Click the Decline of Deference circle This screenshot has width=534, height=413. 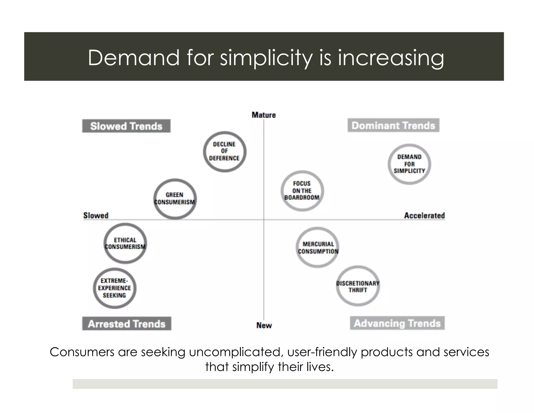(x=224, y=151)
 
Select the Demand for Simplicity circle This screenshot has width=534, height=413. (x=409, y=164)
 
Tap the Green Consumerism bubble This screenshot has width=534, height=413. (x=175, y=199)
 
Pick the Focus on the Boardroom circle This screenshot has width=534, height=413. (x=302, y=191)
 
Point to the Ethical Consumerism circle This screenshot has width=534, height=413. (x=125, y=243)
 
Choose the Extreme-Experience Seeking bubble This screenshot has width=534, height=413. (x=114, y=288)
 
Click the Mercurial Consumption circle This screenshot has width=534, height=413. (x=318, y=247)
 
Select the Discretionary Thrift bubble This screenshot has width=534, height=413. (x=358, y=286)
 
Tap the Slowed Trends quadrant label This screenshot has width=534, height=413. (x=126, y=126)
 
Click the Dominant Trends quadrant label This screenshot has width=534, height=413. (x=393, y=126)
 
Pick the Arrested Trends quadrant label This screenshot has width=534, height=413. (x=127, y=324)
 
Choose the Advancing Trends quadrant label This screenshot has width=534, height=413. (x=397, y=323)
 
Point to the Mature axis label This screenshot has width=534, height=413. (x=264, y=115)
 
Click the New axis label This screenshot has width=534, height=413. (x=264, y=325)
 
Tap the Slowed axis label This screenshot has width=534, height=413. (x=96, y=215)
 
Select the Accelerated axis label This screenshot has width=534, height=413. (x=424, y=215)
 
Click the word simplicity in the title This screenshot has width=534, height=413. (x=266, y=58)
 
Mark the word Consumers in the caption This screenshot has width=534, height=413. (x=82, y=352)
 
